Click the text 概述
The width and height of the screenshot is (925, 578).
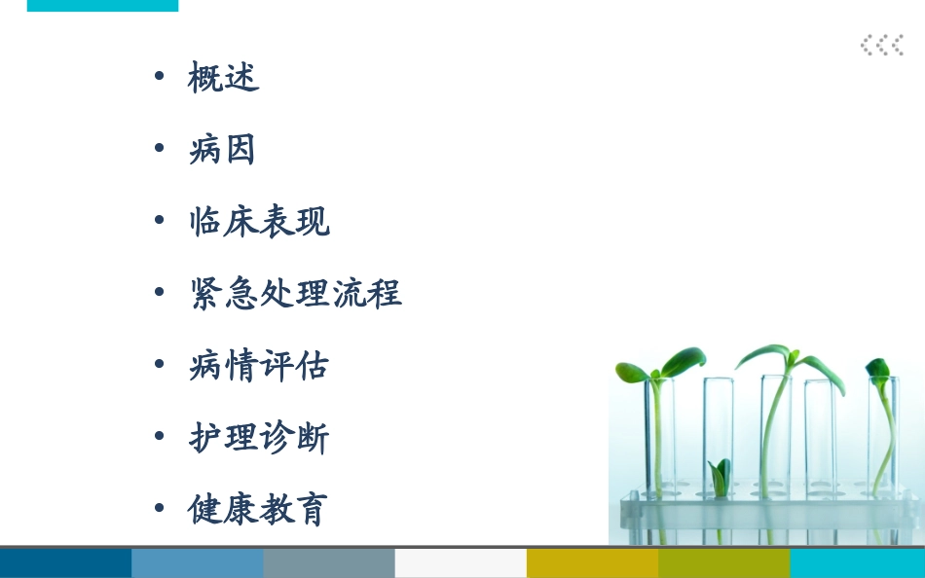[x=223, y=78]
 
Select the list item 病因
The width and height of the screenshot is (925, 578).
[x=223, y=150]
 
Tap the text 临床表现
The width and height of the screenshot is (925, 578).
[x=259, y=222]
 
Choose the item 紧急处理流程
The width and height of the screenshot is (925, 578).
[x=295, y=293]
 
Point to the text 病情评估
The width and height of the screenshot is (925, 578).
[x=259, y=365]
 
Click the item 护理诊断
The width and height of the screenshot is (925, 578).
[x=259, y=437]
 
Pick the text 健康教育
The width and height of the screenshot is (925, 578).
[x=259, y=509]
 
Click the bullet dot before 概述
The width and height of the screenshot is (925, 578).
[x=160, y=76]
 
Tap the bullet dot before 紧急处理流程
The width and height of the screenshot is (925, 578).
[x=160, y=292]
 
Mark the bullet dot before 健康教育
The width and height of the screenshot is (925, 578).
[x=160, y=508]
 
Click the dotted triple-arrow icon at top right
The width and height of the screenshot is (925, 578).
[x=881, y=45]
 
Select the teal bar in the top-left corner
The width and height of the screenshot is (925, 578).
[x=102, y=5]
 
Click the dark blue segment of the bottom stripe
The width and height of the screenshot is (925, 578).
[x=65, y=563]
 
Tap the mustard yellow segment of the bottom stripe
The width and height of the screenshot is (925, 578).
[x=592, y=563]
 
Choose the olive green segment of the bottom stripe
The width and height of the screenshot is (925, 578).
[x=723, y=563]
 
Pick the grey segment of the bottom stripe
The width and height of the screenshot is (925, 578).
[x=329, y=563]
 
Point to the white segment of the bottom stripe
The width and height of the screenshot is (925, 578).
[x=461, y=563]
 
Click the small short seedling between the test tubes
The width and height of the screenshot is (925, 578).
[x=720, y=478]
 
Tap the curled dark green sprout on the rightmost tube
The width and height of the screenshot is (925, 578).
[x=879, y=371]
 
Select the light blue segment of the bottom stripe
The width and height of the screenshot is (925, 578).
[x=197, y=563]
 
